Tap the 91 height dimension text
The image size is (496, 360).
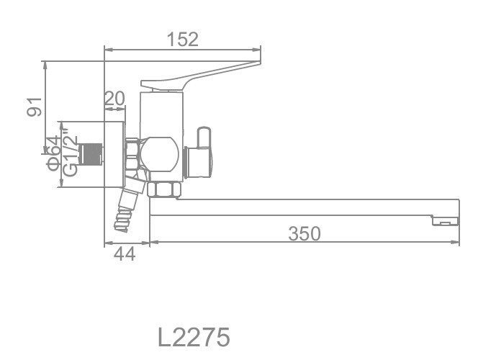point(32,107)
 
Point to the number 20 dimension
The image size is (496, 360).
point(114,99)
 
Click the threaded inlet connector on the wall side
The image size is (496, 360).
point(91,153)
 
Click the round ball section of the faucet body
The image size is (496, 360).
point(160,153)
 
